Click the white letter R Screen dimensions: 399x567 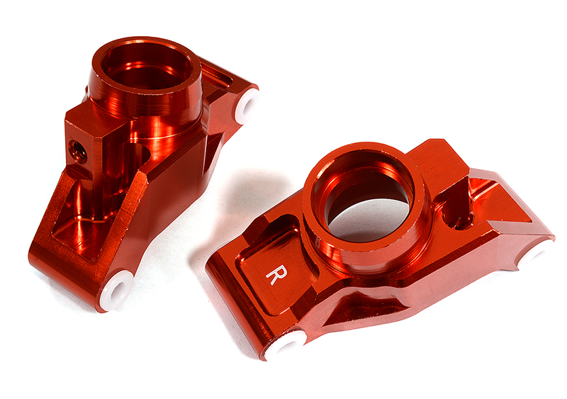pyautogui.click(x=272, y=274)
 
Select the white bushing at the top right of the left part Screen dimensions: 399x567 pyautogui.click(x=245, y=107)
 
